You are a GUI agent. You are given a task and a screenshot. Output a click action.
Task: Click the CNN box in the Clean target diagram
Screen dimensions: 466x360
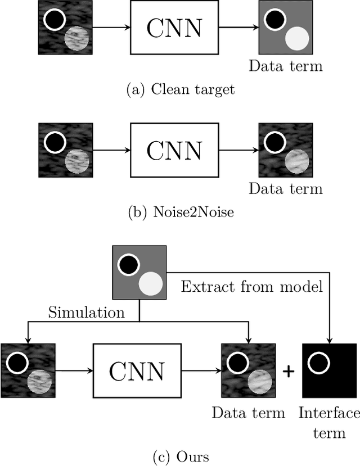174,26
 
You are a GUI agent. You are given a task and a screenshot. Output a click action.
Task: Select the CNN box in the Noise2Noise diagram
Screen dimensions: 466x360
174,150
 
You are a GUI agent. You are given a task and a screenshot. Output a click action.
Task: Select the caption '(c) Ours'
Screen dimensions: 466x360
180,456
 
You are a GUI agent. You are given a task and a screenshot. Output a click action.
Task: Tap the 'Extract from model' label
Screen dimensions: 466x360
251,287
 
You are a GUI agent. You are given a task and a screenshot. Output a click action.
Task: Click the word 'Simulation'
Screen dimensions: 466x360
87,312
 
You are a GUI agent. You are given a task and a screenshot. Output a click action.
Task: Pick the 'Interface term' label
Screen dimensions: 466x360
329,423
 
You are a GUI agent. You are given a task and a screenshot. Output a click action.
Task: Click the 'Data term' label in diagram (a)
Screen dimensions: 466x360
286,66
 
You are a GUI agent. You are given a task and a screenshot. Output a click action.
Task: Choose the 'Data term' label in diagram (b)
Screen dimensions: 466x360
286,188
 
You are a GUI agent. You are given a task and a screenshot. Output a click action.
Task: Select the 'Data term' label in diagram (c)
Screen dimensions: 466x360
248,413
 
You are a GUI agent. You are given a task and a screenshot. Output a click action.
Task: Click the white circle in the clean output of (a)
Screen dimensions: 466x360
297,39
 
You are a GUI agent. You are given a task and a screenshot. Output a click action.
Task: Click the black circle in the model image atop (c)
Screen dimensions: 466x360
129,263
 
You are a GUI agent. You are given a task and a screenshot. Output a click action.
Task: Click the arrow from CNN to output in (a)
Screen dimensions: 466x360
238,26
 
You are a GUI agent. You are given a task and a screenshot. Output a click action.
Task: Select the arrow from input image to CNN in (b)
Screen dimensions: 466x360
111,150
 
